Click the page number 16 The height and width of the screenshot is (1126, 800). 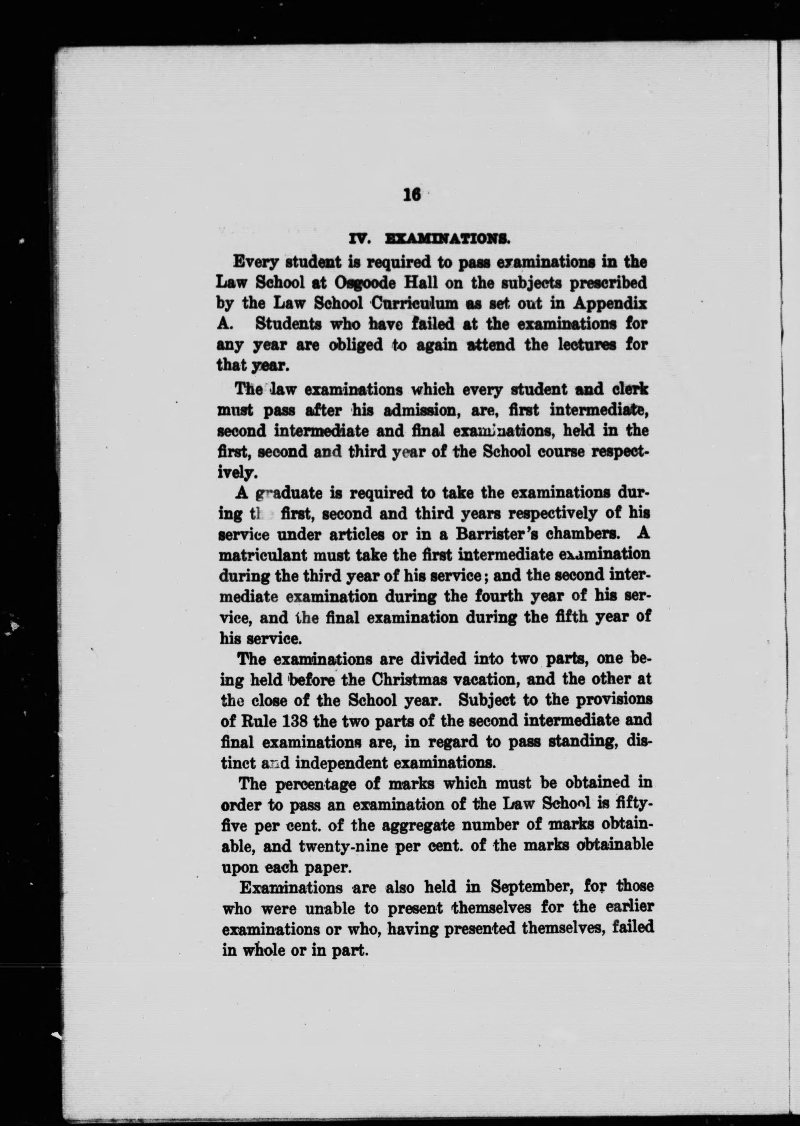click(412, 195)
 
